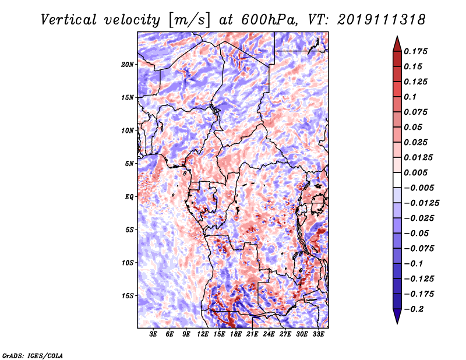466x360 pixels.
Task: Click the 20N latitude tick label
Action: pyautogui.click(x=128, y=65)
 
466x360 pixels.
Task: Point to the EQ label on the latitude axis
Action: pyautogui.click(x=129, y=197)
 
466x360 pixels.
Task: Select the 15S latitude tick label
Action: pyautogui.click(x=128, y=296)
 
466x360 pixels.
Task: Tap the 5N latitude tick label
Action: pyautogui.click(x=129, y=164)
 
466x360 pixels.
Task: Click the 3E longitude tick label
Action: pyautogui.click(x=153, y=334)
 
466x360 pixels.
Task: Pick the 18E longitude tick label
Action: pyautogui.click(x=236, y=334)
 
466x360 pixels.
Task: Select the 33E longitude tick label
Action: pyautogui.click(x=318, y=334)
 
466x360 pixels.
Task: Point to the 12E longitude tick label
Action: pyautogui.click(x=203, y=334)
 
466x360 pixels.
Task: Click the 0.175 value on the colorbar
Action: pyautogui.click(x=415, y=51)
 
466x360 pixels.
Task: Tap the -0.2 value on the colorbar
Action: pyautogui.click(x=414, y=309)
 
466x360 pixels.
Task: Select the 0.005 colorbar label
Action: pyautogui.click(x=415, y=172)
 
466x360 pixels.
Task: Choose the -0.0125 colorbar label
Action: pyautogui.click(x=421, y=203)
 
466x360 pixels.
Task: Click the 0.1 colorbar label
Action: pyautogui.click(x=410, y=97)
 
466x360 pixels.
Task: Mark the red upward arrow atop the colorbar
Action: pyautogui.click(x=397, y=44)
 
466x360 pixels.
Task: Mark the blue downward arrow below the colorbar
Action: pyautogui.click(x=397, y=316)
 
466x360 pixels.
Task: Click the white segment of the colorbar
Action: pyautogui.click(x=397, y=180)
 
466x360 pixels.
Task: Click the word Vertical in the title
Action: pyautogui.click(x=69, y=20)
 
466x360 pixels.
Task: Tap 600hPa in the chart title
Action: pyautogui.click(x=269, y=20)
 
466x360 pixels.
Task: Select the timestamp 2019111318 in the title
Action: pyautogui.click(x=382, y=20)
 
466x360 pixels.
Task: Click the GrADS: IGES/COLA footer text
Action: pyautogui.click(x=33, y=356)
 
